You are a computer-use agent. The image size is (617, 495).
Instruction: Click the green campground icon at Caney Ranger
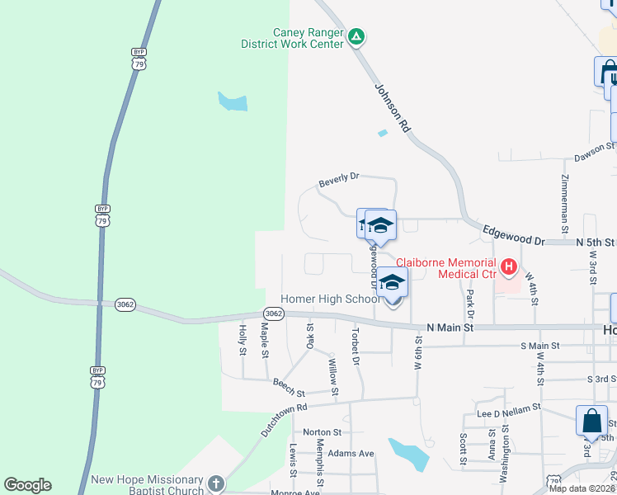click(356, 36)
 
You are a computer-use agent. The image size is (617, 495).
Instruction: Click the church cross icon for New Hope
click(216, 483)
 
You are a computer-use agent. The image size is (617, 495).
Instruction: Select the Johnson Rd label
click(393, 108)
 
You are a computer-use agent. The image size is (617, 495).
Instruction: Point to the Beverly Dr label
click(340, 177)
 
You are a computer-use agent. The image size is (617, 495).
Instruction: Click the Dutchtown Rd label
click(285, 418)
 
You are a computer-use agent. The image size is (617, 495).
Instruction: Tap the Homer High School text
click(330, 299)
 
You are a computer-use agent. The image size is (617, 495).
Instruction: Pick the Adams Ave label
click(351, 453)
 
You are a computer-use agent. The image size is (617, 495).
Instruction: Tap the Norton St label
click(322, 431)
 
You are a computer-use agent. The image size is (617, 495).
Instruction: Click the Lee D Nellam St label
click(502, 407)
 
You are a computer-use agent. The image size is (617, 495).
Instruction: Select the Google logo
click(27, 485)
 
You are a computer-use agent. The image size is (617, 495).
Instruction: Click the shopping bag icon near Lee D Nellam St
click(591, 421)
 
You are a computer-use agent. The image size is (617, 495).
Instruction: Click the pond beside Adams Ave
click(407, 454)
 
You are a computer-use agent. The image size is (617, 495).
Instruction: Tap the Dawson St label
click(595, 150)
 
